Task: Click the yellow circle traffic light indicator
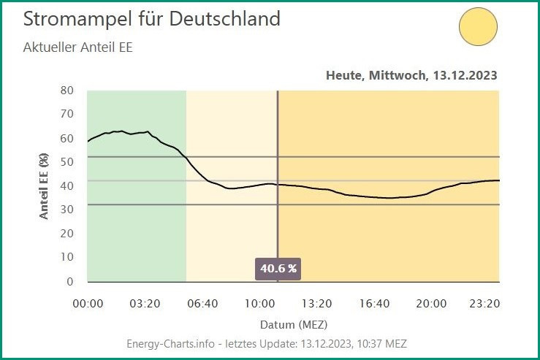click(478, 26)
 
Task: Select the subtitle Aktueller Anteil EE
click(77, 48)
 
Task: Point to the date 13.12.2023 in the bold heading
click(466, 75)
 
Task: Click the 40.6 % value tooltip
click(278, 268)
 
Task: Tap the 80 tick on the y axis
click(67, 91)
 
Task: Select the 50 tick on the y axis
click(67, 161)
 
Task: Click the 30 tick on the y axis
click(67, 209)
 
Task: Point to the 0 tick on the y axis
click(70, 281)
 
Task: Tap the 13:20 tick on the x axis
click(317, 303)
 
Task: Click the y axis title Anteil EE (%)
click(44, 185)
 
